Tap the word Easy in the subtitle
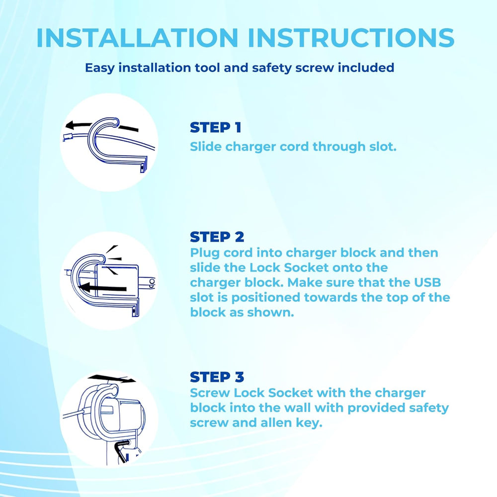(101, 68)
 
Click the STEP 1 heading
(215, 128)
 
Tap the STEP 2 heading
(216, 237)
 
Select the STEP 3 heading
(217, 377)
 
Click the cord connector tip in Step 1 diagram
(67, 139)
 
